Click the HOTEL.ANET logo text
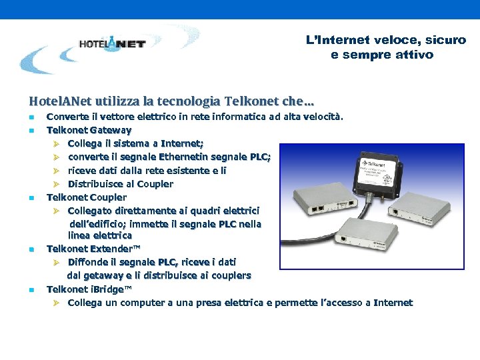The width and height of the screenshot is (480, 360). pyautogui.click(x=112, y=44)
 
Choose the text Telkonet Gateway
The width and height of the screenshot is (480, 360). pyautogui.click(x=89, y=130)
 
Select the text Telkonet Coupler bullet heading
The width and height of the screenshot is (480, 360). pyautogui.click(x=86, y=197)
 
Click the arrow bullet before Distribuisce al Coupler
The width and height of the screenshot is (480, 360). pyautogui.click(x=57, y=184)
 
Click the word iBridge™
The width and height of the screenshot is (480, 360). pyautogui.click(x=109, y=289)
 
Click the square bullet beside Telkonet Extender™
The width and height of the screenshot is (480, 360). pyautogui.click(x=31, y=249)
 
